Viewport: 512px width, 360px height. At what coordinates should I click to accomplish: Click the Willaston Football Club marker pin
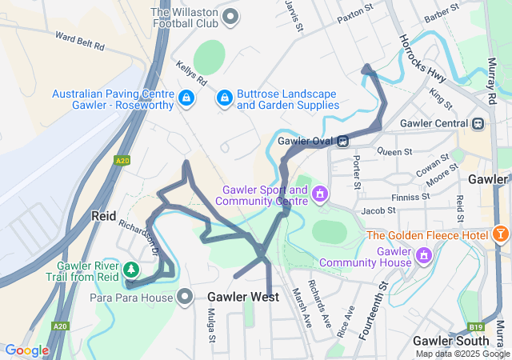point(231,15)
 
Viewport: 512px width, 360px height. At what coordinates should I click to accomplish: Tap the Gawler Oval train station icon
point(342,141)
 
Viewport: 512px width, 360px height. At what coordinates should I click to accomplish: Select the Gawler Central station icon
point(478,123)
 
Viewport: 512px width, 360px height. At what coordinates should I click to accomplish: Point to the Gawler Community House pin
point(424,256)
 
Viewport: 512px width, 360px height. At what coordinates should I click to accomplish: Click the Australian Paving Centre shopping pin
point(186,98)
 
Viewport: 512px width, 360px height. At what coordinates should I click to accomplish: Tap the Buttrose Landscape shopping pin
point(225,98)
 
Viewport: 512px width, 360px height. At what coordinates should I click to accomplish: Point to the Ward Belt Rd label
point(80,41)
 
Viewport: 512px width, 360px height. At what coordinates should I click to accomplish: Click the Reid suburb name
point(104,216)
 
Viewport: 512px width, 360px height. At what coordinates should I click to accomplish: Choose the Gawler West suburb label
point(243,298)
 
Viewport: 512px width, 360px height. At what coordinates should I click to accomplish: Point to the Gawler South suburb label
point(450,341)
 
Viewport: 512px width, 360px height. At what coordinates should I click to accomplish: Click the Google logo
point(26,350)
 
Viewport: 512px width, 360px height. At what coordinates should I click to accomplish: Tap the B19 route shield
point(475,326)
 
